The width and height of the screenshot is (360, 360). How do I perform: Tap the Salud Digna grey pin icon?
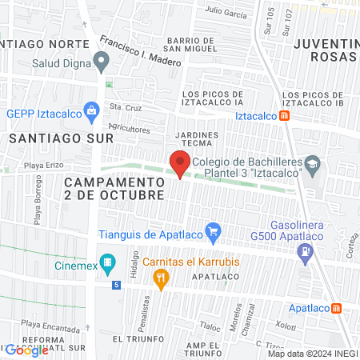click(101, 60)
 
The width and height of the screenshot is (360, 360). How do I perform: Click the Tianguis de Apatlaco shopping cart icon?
click(213, 234)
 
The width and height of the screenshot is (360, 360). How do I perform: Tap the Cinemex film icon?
click(111, 262)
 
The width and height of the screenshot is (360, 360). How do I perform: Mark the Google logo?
click(26, 350)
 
